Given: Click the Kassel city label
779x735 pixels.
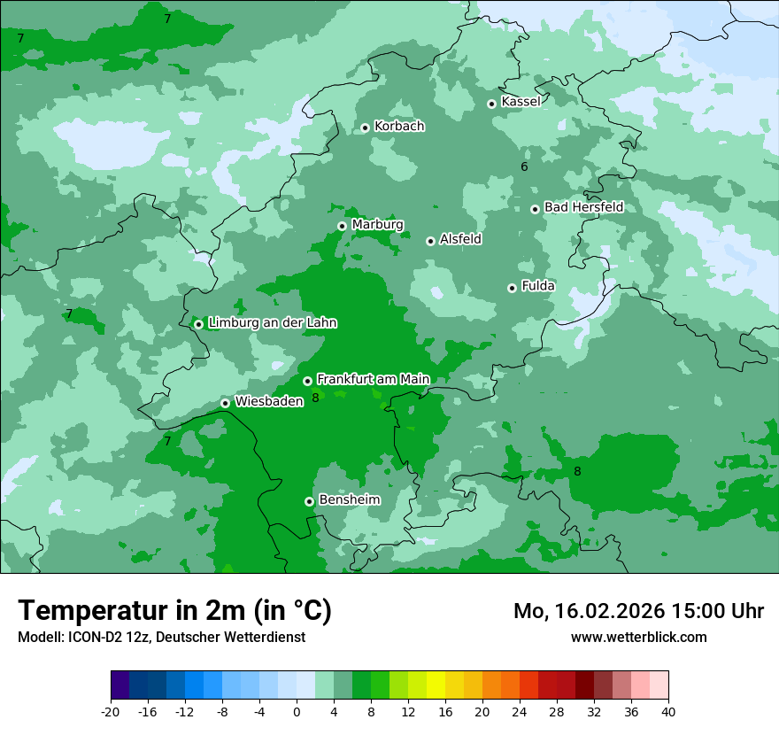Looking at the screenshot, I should pos(521,102).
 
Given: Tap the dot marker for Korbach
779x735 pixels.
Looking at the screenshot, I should pos(365,128).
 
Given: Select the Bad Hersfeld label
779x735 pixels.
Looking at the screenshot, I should pos(583,207).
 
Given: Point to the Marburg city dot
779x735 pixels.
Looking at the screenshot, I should pos(342,226).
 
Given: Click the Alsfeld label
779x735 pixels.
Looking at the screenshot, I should pos(460,239).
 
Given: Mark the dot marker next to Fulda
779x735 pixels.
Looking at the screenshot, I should pos(512,288).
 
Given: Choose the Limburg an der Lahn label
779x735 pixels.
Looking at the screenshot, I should pos(272,323).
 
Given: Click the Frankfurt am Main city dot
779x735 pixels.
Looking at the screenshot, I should pos(307,381).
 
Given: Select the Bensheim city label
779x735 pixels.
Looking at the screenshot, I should pos(349,499).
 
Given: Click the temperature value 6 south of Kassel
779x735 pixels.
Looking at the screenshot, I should pos(524,166).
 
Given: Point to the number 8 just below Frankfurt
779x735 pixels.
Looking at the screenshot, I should pos(315,398).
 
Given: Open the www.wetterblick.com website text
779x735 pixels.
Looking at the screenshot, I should pos(638,637).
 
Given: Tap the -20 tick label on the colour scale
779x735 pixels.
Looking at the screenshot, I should pos(111,712).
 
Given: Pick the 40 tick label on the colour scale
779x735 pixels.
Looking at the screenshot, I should pos(668,712).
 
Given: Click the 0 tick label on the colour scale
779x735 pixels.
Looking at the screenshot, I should pos(297,712).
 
